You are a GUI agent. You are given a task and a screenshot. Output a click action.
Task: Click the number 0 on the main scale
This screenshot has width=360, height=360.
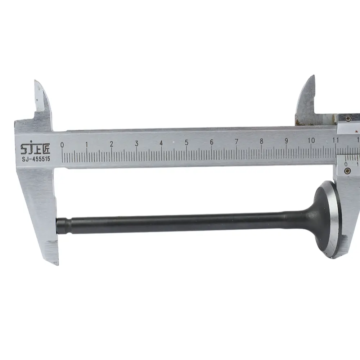pos(62,145)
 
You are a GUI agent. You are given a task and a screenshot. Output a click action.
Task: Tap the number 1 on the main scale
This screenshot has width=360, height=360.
pos(86,145)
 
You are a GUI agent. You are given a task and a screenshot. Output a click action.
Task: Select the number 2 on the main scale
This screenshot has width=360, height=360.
pos(112,144)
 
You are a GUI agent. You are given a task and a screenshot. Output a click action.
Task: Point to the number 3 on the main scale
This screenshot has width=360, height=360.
pos(136,144)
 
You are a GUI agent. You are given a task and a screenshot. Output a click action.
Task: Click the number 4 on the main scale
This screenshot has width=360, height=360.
pos(161,143)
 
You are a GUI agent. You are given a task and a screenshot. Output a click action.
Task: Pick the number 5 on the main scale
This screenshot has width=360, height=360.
pos(186,143)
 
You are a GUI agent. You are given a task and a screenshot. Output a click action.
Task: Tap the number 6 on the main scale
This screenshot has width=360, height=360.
pos(211,142)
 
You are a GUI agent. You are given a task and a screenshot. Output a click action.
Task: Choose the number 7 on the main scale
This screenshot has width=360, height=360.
pos(237,141)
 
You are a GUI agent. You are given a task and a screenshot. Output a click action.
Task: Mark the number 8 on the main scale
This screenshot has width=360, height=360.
pos(261,141)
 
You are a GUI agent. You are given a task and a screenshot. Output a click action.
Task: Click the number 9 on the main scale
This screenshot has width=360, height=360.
pos(286,141)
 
